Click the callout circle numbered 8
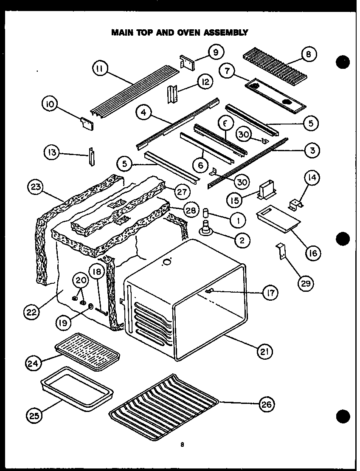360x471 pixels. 308,55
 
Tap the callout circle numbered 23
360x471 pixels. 37,187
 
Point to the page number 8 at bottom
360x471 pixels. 182,445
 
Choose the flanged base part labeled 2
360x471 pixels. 207,230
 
